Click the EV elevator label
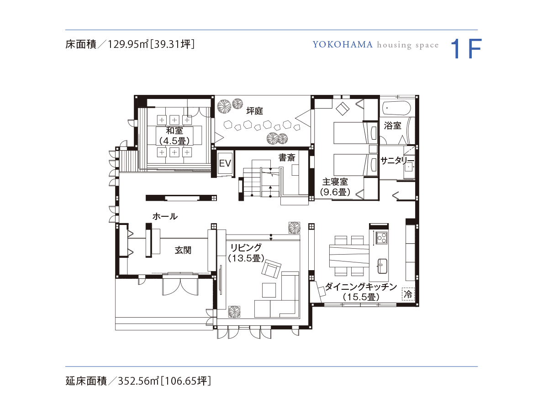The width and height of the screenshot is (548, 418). coord(225,163)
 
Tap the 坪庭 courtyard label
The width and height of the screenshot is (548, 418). coord(255,111)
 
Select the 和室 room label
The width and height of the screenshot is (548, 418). coord(174,131)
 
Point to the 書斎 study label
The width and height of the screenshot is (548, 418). coord(287,157)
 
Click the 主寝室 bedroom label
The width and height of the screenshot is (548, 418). coord(335,182)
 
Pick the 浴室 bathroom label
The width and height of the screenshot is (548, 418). coord(392,125)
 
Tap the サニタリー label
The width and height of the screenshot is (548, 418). coord(397,161)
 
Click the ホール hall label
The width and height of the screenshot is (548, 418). coord(165,216)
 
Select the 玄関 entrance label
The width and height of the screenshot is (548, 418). coord(183,250)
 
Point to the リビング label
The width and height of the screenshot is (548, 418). coord(246,248)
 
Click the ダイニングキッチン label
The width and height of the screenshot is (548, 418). coord(361,287)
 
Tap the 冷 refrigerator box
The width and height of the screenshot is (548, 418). coord(408,294)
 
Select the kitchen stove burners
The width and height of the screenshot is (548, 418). coord(382,237)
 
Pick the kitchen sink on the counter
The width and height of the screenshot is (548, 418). coord(382,266)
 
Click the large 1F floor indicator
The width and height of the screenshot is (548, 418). coord(466,49)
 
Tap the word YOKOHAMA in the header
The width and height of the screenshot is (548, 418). coord(342,45)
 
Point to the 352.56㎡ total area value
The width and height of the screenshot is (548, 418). coord(138,381)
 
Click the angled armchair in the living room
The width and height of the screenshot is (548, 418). coord(271,269)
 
